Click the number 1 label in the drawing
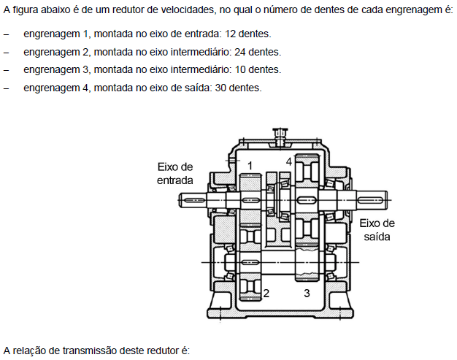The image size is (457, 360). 250,166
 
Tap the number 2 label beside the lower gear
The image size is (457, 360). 267,294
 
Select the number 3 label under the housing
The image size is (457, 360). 307,294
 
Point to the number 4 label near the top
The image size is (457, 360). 289,161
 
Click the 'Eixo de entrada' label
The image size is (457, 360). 175,173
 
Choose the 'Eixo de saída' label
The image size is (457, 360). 377,231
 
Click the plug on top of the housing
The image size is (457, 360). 279,134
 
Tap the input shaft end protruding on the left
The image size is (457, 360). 196,199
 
